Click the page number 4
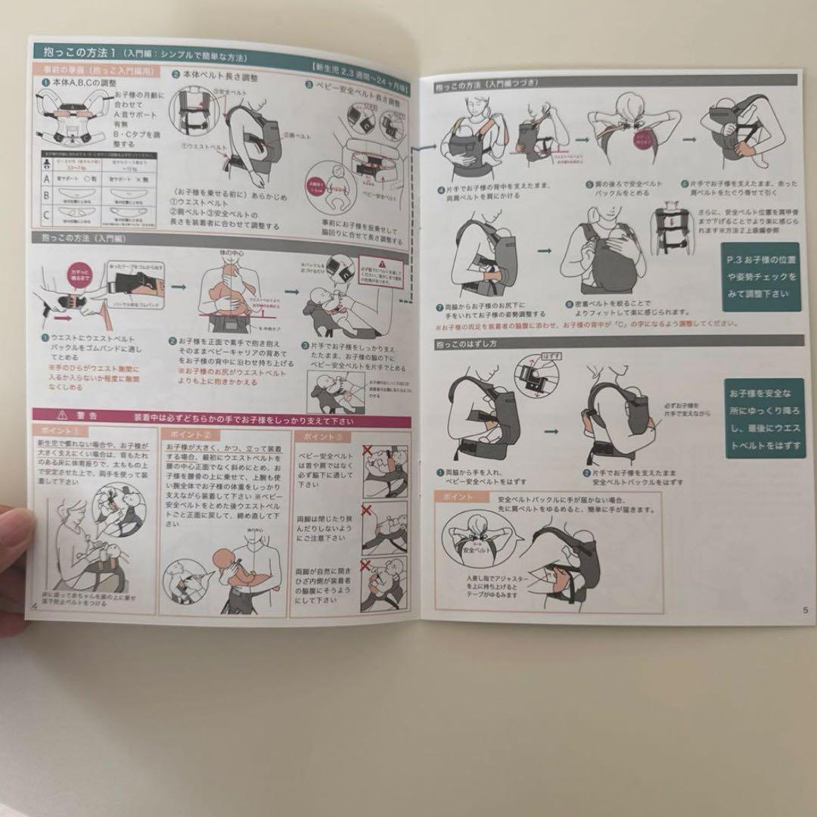(34, 609)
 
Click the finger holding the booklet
(12, 560)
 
